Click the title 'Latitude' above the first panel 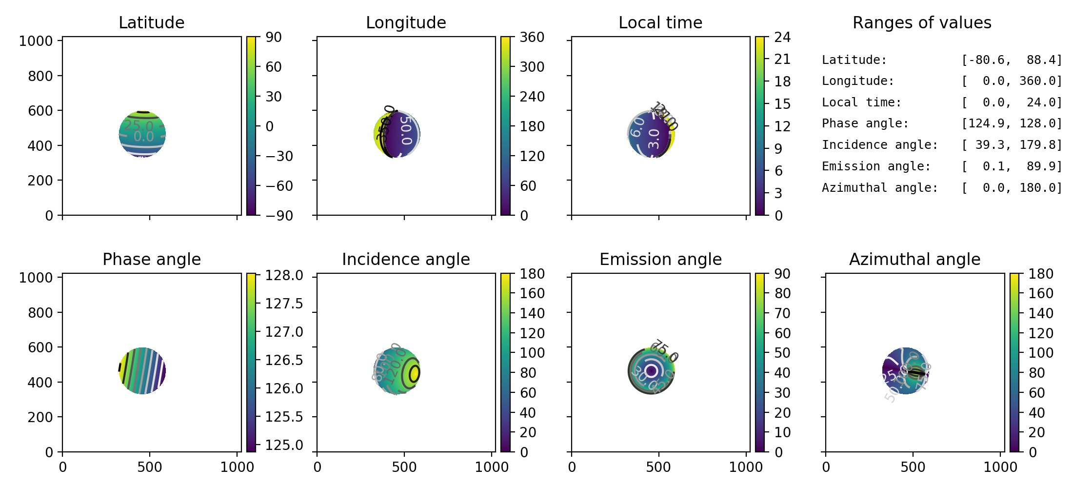coord(151,22)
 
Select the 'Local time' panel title coord(660,22)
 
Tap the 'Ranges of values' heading coord(922,22)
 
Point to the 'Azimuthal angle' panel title coord(914,259)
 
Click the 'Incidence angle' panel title coord(406,259)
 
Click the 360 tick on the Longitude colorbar coord(532,37)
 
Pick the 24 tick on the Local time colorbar coord(782,37)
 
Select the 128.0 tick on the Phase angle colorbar coord(284,276)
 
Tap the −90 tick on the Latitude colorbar coord(279,215)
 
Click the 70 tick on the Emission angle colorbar coord(782,313)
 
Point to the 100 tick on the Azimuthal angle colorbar coord(1041,353)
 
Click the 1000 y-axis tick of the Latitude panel coord(36,41)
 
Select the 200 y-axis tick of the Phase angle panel coord(40,417)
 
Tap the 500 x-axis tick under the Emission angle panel coord(658,467)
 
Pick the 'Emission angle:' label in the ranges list coord(876,166)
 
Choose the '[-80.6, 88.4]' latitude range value coord(1012,60)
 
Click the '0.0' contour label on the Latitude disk coord(144,137)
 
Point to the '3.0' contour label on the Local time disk coord(654,139)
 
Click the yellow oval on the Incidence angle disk coord(414,373)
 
